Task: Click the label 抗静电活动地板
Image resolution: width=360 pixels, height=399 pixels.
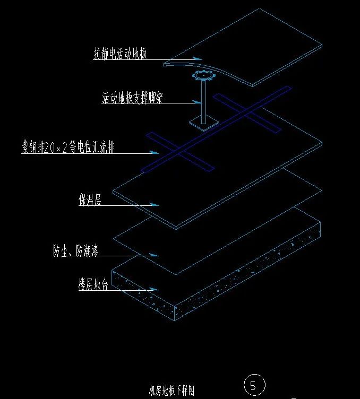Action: point(120,53)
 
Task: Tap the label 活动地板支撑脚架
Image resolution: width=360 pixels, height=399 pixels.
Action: point(132,98)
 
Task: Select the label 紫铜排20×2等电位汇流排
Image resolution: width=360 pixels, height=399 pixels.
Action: point(68,147)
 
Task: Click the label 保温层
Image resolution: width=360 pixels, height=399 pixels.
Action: point(90,199)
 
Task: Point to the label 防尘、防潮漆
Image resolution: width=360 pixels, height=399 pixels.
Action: point(75,250)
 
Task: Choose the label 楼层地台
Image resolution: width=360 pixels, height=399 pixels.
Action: point(93,284)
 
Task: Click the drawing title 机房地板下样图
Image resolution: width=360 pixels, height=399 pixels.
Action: point(172,391)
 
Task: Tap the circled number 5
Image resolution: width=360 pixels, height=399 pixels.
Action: point(254,385)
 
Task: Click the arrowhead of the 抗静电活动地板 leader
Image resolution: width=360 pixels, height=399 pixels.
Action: point(198,58)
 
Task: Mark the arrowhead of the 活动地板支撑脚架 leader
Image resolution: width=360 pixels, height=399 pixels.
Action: point(198,102)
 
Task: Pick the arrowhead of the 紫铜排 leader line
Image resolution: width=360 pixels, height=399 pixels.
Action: point(154,152)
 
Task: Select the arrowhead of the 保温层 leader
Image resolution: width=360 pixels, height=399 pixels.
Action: point(155,204)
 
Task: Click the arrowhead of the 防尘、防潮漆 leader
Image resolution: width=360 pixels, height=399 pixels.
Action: point(154,255)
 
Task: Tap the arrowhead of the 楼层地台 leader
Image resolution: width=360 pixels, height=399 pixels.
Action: point(154,289)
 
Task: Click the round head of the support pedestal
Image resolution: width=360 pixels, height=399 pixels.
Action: point(204,75)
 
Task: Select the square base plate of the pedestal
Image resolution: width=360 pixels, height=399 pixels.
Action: point(204,124)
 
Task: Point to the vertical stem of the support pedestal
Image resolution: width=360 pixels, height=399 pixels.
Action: point(204,102)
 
